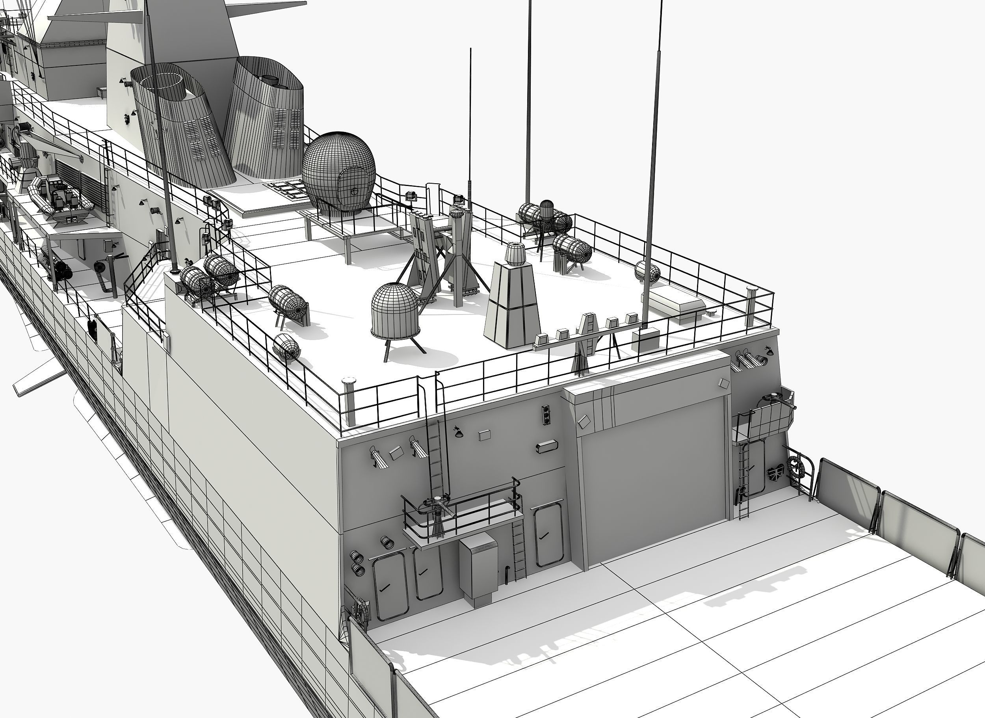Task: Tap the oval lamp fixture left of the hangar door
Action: coord(546,446)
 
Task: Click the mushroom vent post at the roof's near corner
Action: coord(349,400)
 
